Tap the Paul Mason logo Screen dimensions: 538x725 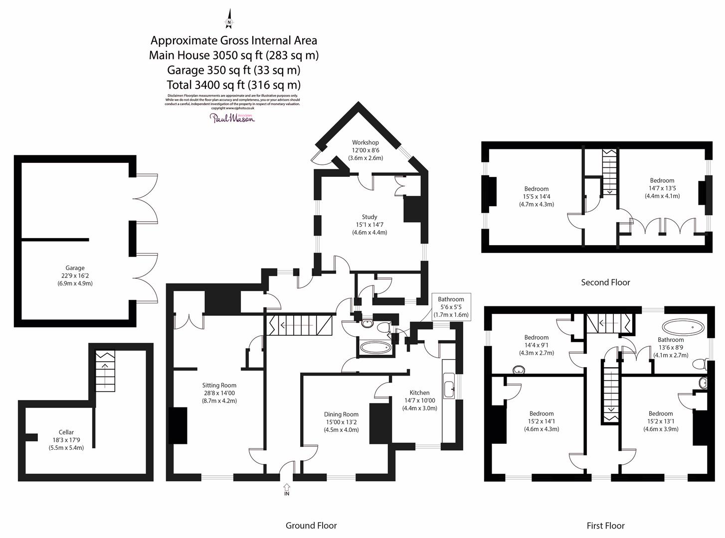[232, 118]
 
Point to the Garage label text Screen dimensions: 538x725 [75, 268]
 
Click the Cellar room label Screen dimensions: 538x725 [66, 432]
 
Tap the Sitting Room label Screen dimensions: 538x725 [219, 385]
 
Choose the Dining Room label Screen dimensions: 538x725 [341, 414]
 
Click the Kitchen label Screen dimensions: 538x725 [419, 393]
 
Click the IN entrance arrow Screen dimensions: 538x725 [287, 489]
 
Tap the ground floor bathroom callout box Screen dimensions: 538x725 [451, 307]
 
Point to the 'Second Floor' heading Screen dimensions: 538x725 [605, 282]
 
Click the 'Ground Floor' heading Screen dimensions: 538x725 [311, 526]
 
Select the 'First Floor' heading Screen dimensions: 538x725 [605, 526]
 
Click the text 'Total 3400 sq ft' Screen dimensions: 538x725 [233, 85]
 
